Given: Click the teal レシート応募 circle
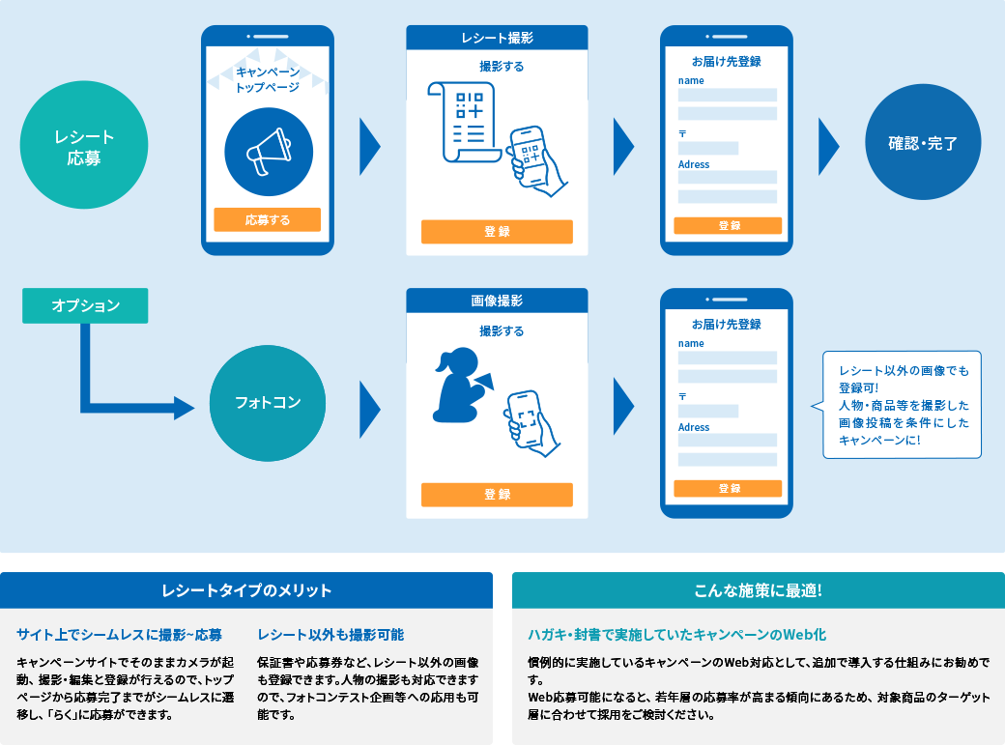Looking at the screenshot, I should click(84, 145).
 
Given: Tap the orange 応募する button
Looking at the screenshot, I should click(267, 219).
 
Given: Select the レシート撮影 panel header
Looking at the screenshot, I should click(497, 38).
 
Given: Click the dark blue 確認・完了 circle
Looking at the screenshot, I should click(923, 144).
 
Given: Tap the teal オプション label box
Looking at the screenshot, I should click(85, 305).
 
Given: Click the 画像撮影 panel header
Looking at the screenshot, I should click(497, 301).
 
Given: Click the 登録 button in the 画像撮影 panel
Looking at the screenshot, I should click(497, 495).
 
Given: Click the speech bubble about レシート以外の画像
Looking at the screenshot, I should click(902, 404).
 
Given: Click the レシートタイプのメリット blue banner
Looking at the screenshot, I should click(246, 590).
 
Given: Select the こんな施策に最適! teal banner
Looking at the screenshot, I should click(758, 590).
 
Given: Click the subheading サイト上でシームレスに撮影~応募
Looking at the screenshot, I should click(119, 635).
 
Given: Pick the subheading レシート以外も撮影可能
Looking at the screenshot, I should click(330, 635).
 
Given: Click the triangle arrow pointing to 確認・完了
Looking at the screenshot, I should click(828, 146).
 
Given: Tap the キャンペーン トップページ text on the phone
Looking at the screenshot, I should click(268, 79).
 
